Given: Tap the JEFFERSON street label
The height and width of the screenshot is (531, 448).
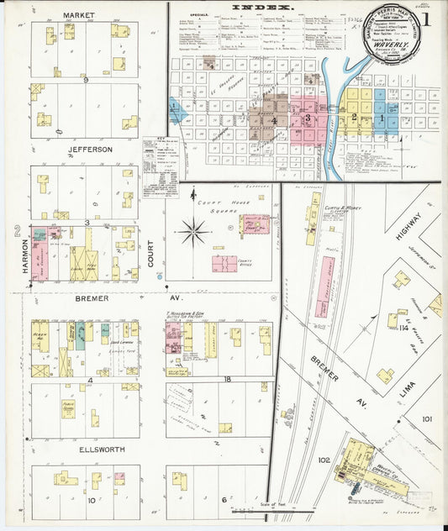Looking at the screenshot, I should pyautogui.click(x=86, y=150).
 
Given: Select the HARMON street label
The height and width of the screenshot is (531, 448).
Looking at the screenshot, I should pyautogui.click(x=24, y=255).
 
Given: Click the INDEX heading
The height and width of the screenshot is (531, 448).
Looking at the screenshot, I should pyautogui.click(x=263, y=7).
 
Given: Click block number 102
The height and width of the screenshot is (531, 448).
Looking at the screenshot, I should pyautogui.click(x=324, y=460).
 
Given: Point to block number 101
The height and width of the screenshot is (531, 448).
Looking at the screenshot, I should pyautogui.click(x=427, y=418).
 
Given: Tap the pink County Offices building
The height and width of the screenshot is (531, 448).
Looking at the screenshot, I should pyautogui.click(x=224, y=263).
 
